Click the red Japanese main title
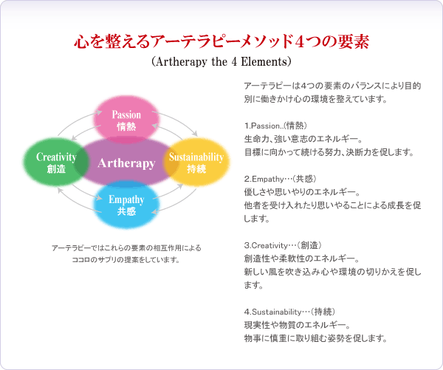221,42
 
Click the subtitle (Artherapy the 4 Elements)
221,61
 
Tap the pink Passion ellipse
126,120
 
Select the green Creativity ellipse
56,162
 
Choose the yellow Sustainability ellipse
196,162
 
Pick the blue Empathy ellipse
126,205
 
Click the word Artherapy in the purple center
126,163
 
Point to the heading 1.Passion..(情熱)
275,126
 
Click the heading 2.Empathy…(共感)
280,179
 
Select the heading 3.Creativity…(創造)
283,245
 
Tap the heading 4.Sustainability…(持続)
289,312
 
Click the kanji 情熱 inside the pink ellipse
126,126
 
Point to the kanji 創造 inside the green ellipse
56,169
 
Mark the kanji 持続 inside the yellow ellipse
196,169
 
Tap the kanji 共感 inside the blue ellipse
126,211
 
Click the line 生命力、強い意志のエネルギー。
303,139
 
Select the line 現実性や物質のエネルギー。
298,325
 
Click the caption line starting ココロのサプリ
126,259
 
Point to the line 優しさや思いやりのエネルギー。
302,192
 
